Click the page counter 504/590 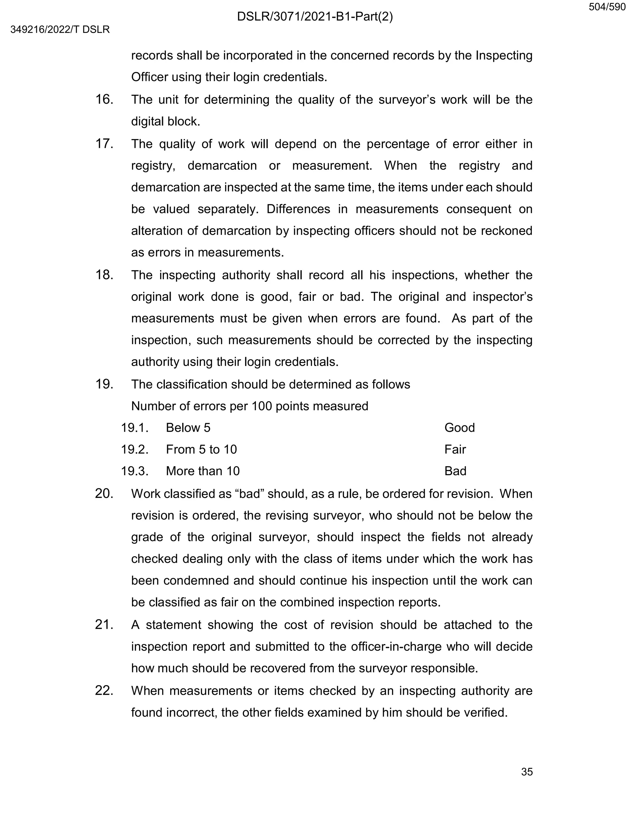[607, 7]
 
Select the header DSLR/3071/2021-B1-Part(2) [315, 17]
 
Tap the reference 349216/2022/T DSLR [60, 30]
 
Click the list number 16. [104, 100]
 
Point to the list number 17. [104, 144]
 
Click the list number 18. [104, 275]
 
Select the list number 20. [104, 494]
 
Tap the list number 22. [104, 691]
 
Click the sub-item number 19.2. [135, 450]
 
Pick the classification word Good [460, 428]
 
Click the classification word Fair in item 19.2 [455, 450]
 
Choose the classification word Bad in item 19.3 [455, 471]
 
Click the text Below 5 [188, 428]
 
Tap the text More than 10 [203, 471]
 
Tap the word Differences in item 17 [298, 209]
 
